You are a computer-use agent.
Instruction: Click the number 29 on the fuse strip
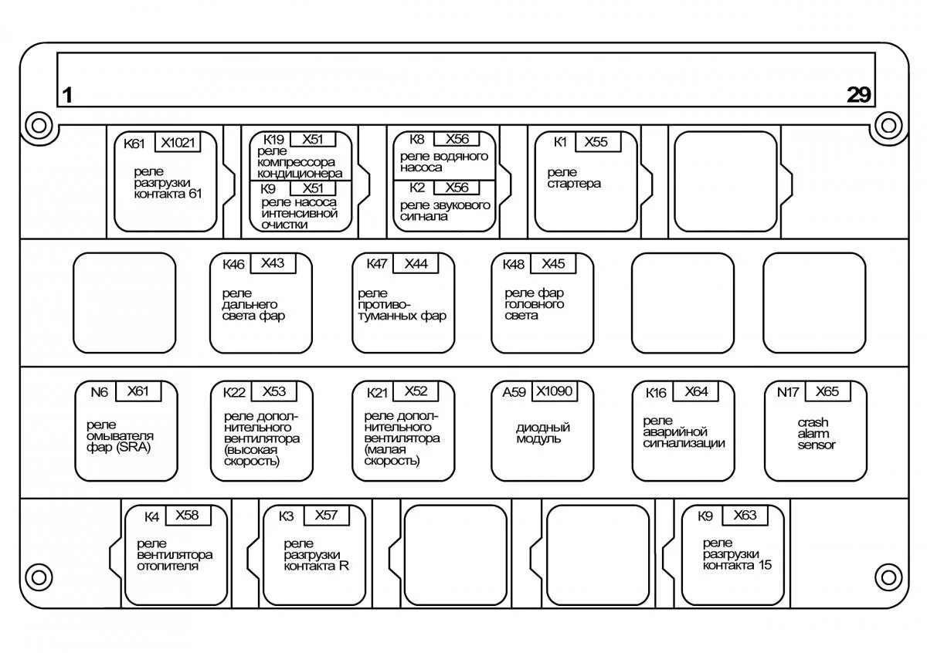(x=858, y=95)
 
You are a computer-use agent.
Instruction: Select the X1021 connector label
(x=178, y=142)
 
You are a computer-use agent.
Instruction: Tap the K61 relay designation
(x=134, y=143)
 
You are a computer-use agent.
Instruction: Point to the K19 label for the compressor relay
(x=274, y=140)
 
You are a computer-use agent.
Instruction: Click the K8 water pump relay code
(x=417, y=140)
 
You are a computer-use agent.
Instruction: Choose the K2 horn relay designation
(x=417, y=188)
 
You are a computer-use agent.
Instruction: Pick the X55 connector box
(x=596, y=142)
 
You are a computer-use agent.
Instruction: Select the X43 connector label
(x=273, y=263)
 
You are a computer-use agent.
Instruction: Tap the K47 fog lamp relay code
(x=376, y=264)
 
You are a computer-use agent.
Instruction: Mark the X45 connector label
(x=553, y=264)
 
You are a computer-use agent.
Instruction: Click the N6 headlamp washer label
(x=99, y=391)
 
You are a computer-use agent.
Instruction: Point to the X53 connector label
(x=273, y=391)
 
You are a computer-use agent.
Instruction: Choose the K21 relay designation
(x=377, y=392)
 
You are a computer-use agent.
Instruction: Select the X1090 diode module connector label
(x=555, y=391)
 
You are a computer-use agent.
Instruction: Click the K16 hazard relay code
(x=656, y=392)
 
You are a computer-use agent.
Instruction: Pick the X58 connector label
(x=187, y=515)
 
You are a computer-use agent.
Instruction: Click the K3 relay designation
(x=286, y=516)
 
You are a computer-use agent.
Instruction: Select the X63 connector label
(x=745, y=515)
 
